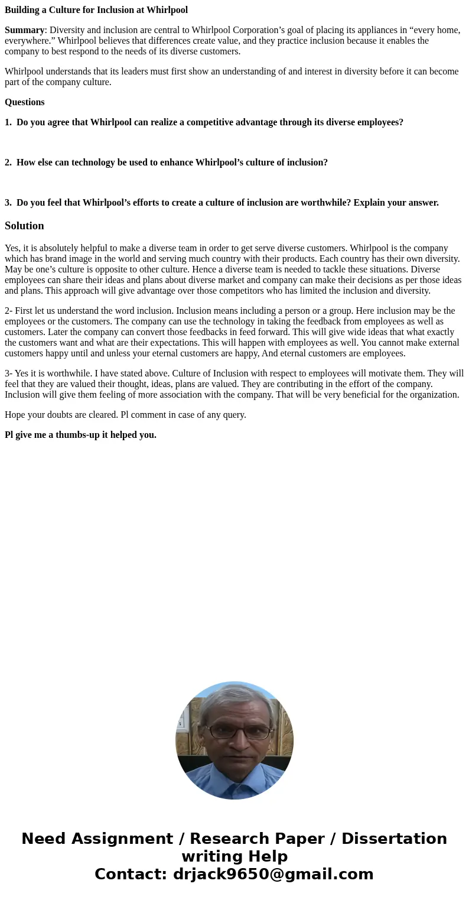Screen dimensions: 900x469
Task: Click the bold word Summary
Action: tap(24, 30)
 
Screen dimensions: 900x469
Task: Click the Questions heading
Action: tap(24, 102)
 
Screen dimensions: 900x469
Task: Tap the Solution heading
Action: tap(24, 226)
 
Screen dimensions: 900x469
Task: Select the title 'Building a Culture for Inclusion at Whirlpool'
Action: tap(96, 10)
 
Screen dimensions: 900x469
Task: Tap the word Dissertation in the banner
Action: tap(394, 839)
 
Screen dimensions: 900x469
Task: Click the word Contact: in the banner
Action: tap(131, 875)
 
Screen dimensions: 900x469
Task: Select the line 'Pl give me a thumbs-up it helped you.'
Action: tap(80, 435)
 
